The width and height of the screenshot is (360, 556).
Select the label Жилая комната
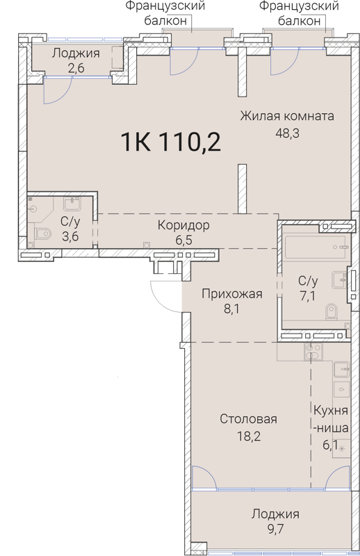point(287,115)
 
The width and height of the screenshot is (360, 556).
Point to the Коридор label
point(183,225)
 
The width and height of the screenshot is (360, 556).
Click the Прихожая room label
point(231,294)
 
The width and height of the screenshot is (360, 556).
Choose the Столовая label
point(248,419)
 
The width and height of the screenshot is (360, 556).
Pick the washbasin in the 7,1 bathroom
point(339,280)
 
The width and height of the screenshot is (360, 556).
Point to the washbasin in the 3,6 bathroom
point(72,204)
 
